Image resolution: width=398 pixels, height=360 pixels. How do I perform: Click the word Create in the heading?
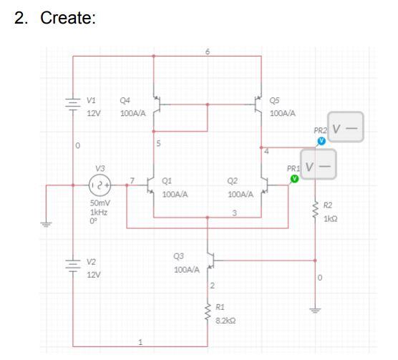pos(68,18)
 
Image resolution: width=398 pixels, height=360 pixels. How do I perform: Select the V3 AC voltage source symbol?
pos(99,185)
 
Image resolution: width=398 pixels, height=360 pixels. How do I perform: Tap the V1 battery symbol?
pos(73,104)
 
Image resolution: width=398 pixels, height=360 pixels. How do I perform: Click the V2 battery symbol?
pos(73,266)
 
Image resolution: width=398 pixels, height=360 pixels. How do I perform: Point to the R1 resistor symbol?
pos(208,313)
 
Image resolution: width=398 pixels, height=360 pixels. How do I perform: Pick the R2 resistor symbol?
pos(315,210)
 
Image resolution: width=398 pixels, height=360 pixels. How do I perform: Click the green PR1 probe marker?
pos(294,179)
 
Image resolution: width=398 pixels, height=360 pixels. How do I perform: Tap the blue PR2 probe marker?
pos(321,141)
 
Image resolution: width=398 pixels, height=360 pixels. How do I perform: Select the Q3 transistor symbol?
pos(211,261)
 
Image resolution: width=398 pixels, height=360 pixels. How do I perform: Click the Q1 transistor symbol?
pos(150,185)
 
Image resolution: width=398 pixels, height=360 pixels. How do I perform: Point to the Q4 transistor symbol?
pos(157,104)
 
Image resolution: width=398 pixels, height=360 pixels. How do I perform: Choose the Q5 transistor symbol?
pos(258,104)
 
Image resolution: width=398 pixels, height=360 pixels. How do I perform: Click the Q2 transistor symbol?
pos(265,185)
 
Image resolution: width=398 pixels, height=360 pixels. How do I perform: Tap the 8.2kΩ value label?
pos(225,321)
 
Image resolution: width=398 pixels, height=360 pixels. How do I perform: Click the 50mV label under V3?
pos(100,203)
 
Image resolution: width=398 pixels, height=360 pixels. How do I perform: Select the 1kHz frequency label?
pos(99,212)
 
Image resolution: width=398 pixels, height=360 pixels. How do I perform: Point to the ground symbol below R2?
pos(315,310)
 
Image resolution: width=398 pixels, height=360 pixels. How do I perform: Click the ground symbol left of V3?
pos(46,224)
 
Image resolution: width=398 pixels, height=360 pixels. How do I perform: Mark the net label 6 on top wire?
pos(208,52)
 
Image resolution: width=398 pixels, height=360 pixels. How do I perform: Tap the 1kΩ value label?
pos(331,219)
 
